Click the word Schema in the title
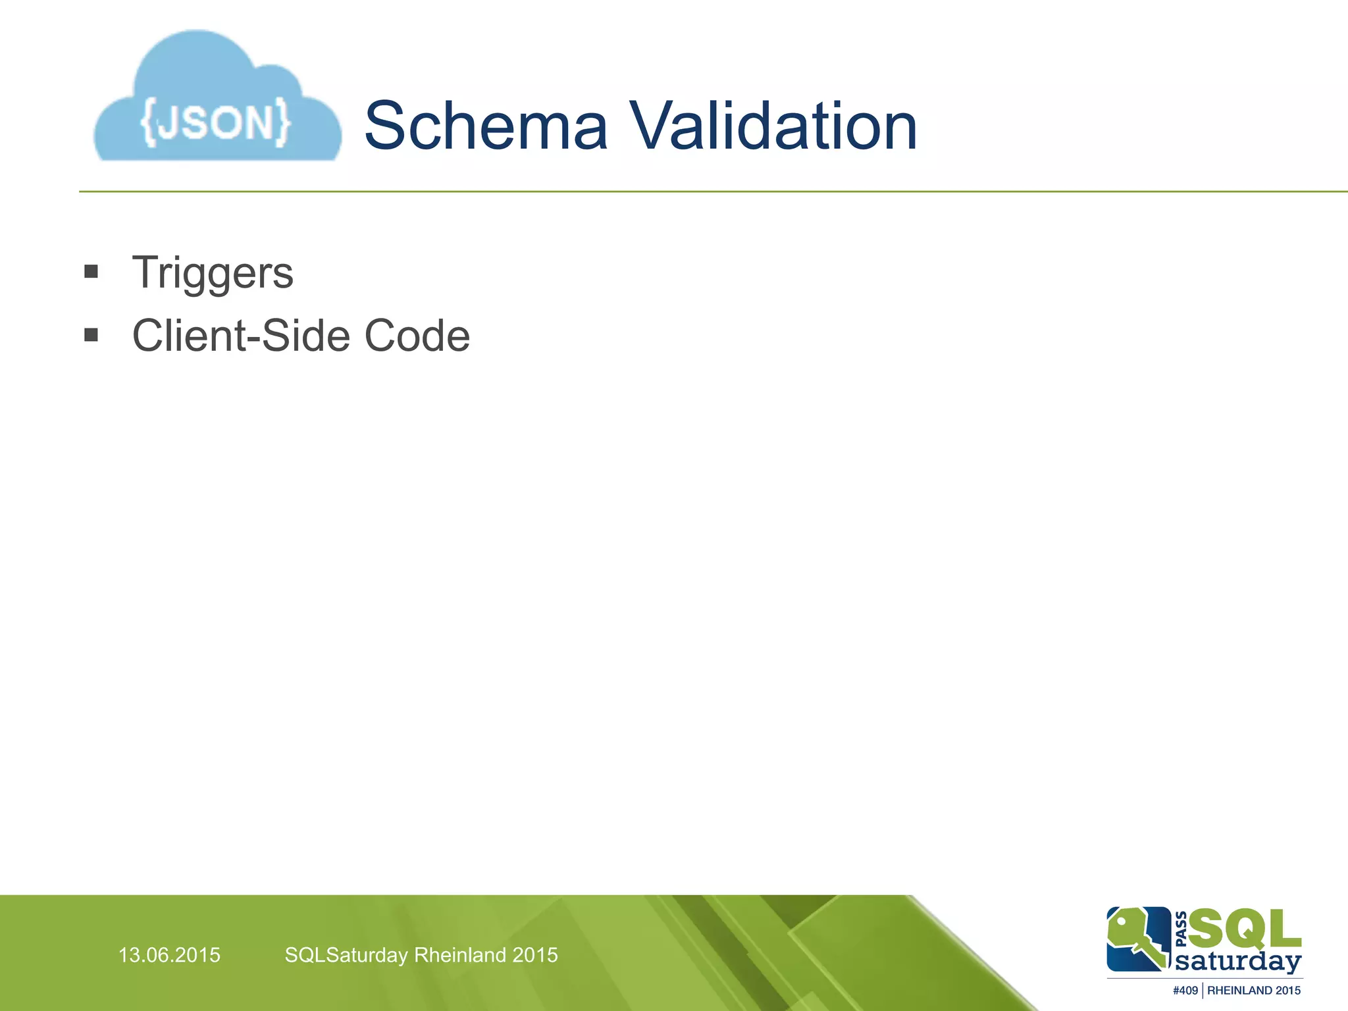pos(486,126)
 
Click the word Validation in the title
pos(774,126)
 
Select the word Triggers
pos(213,273)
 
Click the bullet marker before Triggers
pos(91,272)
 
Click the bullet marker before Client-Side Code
pos(91,336)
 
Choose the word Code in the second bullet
pos(417,336)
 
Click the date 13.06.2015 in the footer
pos(169,955)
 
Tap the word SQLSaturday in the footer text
pos(346,955)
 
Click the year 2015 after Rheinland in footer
pos(535,955)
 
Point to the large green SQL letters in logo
pos(1245,929)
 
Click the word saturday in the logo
pos(1238,962)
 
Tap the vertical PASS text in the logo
pos(1181,929)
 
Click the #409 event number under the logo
pos(1185,991)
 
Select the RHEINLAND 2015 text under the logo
pos(1254,991)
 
